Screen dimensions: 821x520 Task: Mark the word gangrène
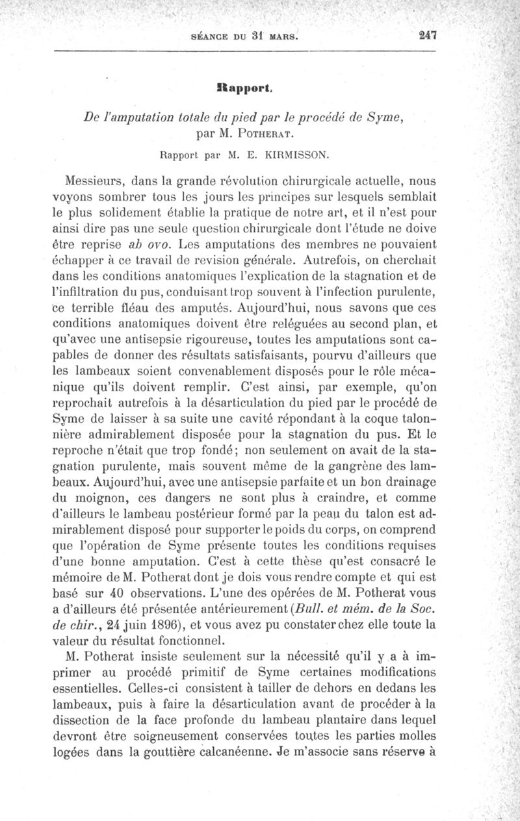352,467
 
